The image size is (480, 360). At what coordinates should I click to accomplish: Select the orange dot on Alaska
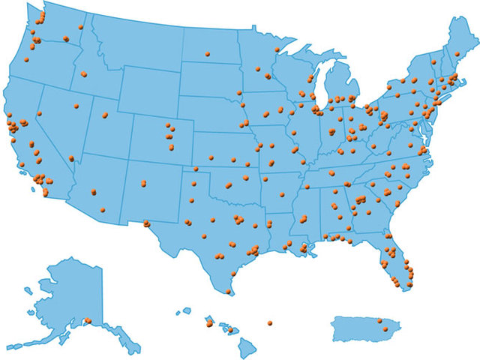(x=88, y=321)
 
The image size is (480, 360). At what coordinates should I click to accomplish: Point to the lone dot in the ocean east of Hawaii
(x=269, y=323)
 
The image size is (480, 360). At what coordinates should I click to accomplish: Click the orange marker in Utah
(x=104, y=115)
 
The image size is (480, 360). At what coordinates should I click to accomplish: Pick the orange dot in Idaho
(x=83, y=74)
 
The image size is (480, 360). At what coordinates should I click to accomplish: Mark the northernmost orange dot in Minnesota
(x=277, y=50)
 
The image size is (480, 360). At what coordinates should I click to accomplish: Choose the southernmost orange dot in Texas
(x=228, y=291)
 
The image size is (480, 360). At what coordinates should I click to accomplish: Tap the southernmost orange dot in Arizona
(x=103, y=209)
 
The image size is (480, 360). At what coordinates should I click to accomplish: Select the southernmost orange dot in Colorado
(x=171, y=147)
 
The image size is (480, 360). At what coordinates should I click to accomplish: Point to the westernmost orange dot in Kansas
(x=211, y=158)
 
